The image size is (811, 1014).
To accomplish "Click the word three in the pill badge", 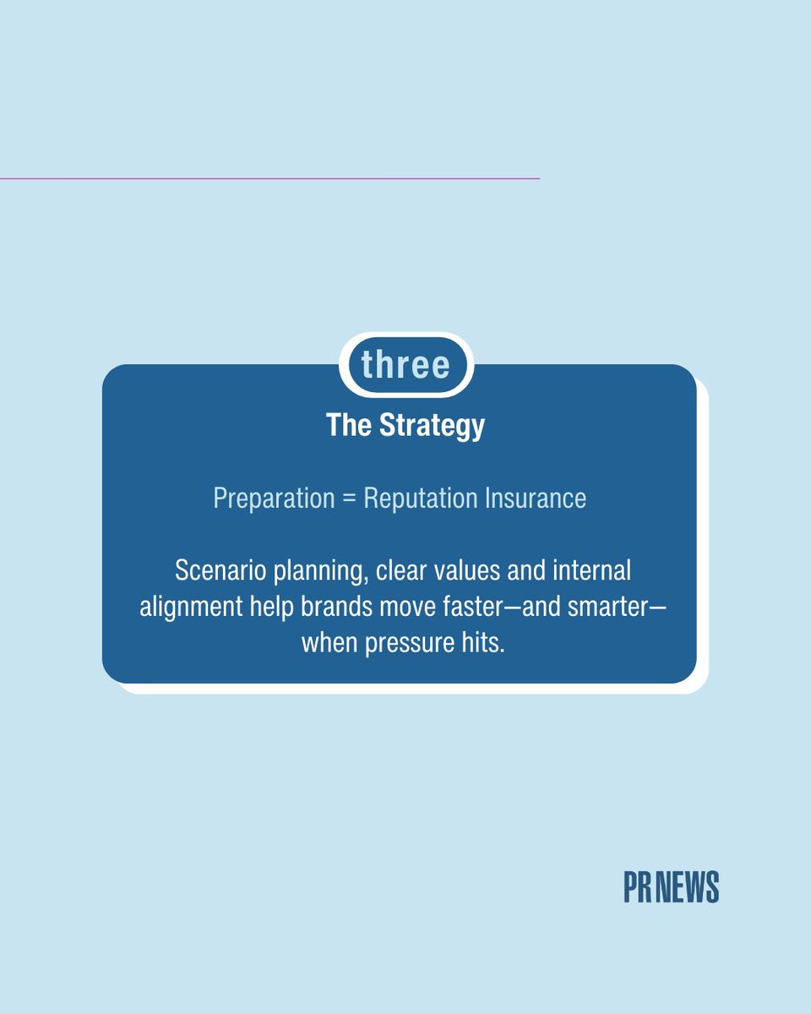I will tap(405, 365).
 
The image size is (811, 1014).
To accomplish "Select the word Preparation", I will tap(274, 499).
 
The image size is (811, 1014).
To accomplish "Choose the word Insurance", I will tap(535, 499).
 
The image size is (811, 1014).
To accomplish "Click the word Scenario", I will tap(215, 570).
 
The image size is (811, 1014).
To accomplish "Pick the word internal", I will tap(591, 570).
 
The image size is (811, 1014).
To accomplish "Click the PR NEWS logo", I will tap(671, 887).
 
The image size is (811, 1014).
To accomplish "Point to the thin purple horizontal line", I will tap(269, 178).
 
